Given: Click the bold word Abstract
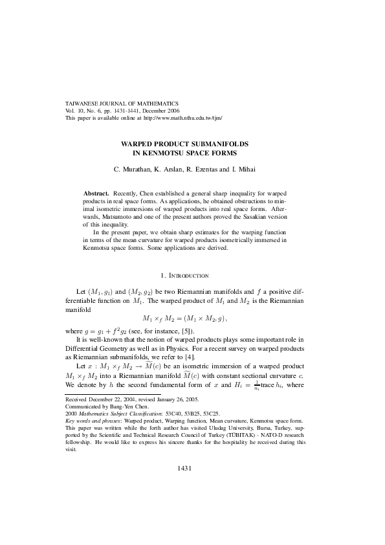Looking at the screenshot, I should pyautogui.click(x=97, y=194).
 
